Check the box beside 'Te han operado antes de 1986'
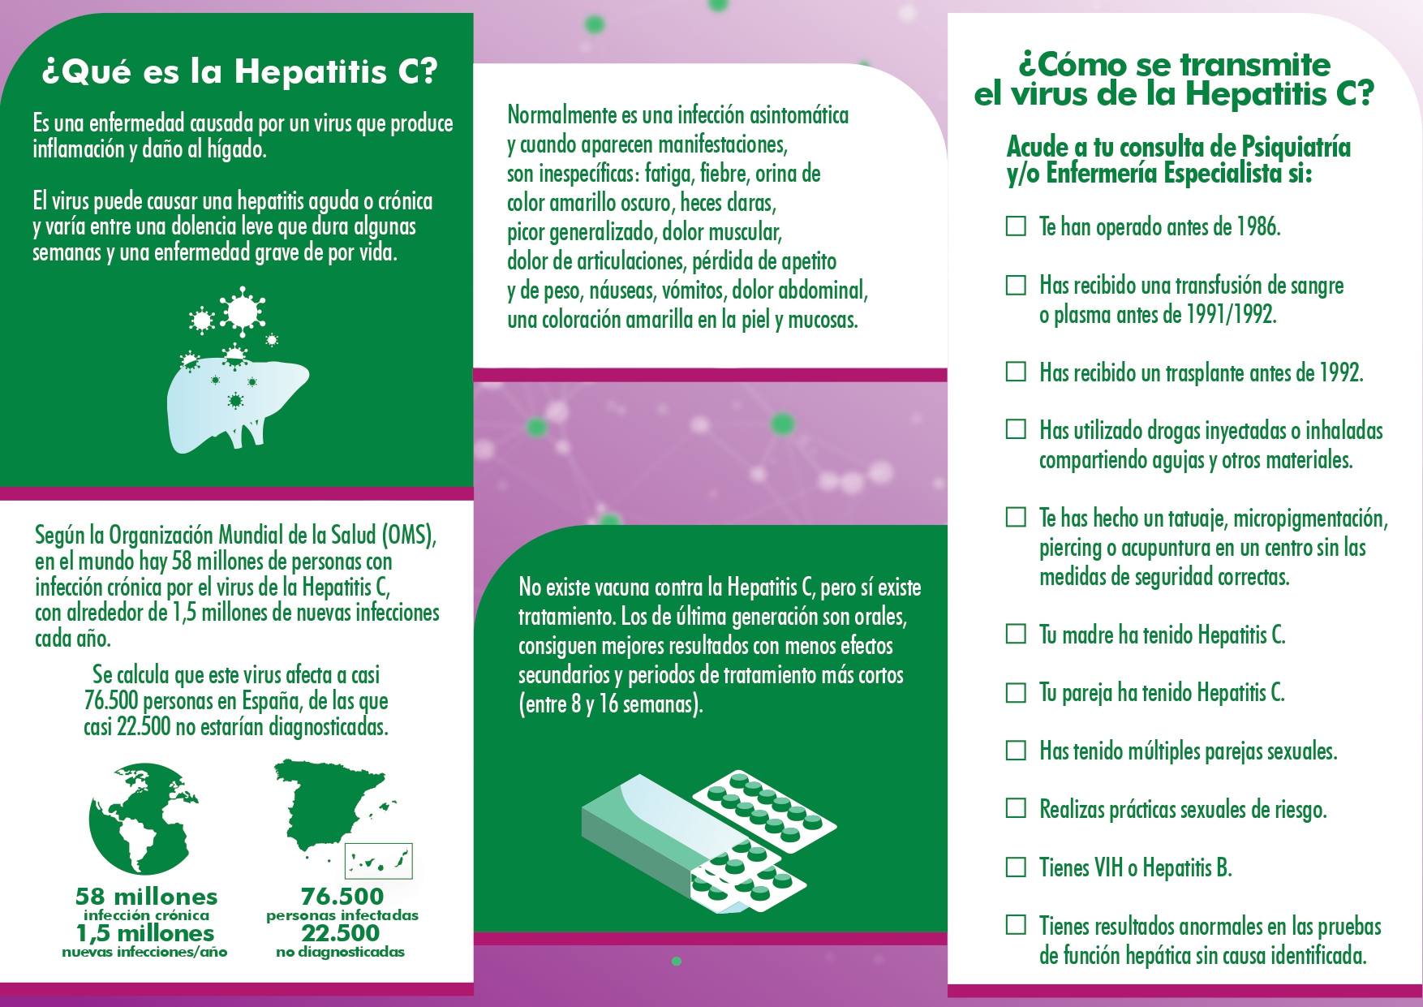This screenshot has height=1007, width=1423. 1016,226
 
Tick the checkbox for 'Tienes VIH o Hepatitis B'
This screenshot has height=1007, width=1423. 1016,867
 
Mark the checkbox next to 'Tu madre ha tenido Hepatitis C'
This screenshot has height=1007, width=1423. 1016,634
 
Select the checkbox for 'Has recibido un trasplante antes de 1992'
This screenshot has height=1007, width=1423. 1016,372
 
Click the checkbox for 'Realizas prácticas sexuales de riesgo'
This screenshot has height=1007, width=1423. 1016,808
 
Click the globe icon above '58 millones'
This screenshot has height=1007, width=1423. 143,819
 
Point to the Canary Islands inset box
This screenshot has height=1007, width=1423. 379,861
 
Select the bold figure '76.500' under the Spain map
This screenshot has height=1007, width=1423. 342,897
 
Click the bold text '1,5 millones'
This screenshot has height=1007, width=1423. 145,933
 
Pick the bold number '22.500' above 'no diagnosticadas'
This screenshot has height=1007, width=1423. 341,933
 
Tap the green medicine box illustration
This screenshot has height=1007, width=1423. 641,836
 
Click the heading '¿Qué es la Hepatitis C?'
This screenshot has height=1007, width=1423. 239,71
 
